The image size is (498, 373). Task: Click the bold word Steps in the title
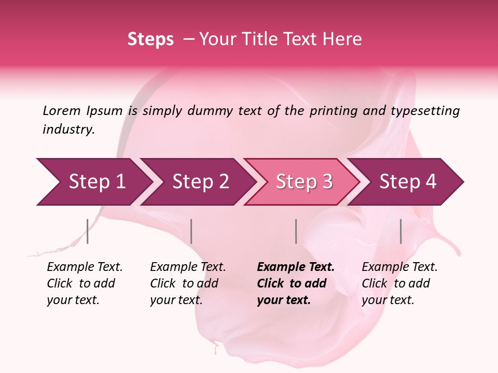point(150,39)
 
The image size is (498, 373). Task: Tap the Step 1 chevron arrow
point(93,182)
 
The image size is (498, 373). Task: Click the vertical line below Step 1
point(88,231)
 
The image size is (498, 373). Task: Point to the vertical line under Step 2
point(191,231)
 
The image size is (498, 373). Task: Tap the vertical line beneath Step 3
point(296,231)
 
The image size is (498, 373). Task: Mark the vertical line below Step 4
point(400,231)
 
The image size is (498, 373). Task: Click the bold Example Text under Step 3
point(295,267)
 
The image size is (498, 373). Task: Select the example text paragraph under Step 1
point(85,283)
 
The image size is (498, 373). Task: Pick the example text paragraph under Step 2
point(188,283)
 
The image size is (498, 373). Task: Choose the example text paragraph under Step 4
point(399,283)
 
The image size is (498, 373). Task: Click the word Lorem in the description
point(62,111)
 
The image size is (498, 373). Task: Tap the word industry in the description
point(68,130)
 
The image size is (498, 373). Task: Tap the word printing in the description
point(333,111)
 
